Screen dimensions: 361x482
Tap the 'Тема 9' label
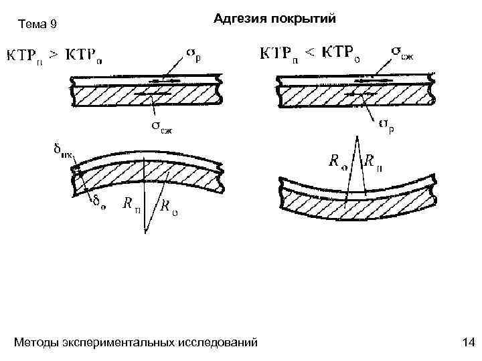[38, 25]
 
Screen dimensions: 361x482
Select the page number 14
[468, 343]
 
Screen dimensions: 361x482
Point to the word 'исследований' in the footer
[218, 343]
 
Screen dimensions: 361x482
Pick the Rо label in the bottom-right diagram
[335, 160]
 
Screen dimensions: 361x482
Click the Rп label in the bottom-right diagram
[373, 161]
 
